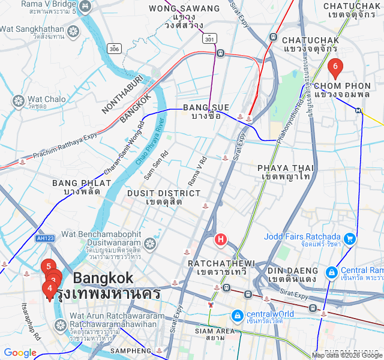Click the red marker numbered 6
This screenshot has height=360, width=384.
[x=335, y=67]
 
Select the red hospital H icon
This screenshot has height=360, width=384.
[x=221, y=241]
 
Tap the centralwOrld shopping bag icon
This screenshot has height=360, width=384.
[x=238, y=315]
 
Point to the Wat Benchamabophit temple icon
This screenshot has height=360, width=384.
[x=149, y=244]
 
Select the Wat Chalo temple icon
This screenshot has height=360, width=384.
[x=19, y=100]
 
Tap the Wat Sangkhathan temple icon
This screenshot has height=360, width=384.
[x=74, y=31]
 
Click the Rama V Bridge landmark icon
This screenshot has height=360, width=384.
[x=86, y=7]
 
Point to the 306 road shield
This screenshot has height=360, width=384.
[x=115, y=48]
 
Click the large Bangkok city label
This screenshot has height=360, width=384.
[x=103, y=278]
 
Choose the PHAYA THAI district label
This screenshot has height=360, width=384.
[x=285, y=168]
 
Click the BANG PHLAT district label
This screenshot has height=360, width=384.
[x=81, y=183]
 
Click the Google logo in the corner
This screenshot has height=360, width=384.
[x=20, y=353]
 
